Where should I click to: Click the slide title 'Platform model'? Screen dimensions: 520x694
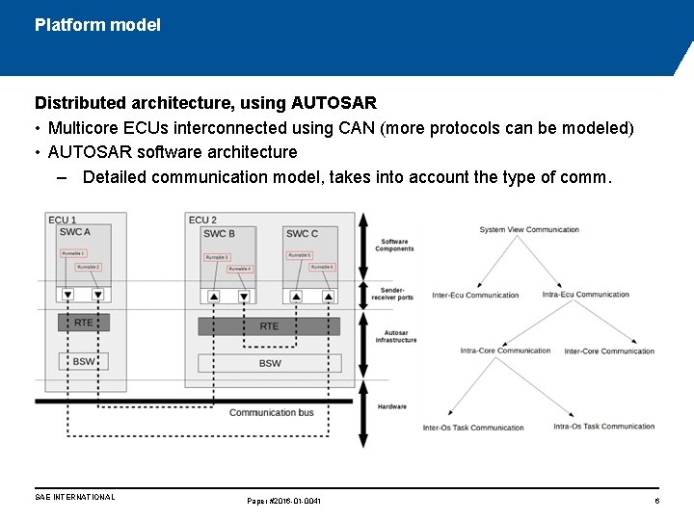pos(97,25)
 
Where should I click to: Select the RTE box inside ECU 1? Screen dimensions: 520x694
pos(84,323)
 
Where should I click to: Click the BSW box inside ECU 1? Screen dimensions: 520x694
pos(84,361)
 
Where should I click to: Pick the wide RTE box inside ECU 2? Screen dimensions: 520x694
pos(269,326)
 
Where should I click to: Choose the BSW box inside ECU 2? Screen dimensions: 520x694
pos(269,363)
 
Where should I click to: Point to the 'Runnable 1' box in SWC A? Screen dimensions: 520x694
pos(74,253)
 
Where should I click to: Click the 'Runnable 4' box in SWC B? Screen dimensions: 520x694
pos(239,269)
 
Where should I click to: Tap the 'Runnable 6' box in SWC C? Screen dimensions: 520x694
pos(323,267)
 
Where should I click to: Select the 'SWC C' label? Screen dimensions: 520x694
pos(302,233)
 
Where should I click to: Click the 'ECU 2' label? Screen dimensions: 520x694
pos(202,221)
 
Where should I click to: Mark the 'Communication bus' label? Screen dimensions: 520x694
pos(271,413)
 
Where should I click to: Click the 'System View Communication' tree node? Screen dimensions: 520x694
pos(529,230)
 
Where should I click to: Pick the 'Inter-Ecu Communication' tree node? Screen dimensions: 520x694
pos(475,296)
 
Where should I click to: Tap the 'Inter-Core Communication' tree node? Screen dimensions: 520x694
pos(609,351)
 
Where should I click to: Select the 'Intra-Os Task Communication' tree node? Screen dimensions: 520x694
pos(603,427)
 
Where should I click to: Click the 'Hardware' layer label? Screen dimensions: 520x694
pos(392,406)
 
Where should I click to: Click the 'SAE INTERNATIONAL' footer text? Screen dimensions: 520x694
pos(74,498)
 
